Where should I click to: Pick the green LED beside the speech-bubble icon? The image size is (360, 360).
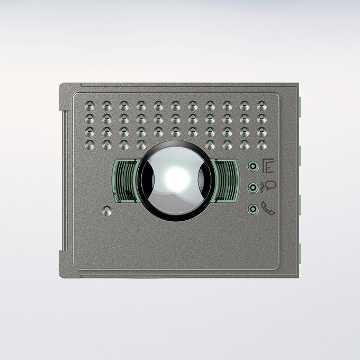tap(254, 187)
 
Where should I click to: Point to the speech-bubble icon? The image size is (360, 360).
tap(269, 186)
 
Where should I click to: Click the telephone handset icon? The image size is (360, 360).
tap(269, 209)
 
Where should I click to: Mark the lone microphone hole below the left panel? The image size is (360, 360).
tap(107, 212)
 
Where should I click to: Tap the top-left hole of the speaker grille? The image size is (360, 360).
tap(89, 105)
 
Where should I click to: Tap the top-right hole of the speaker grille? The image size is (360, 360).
tap(261, 105)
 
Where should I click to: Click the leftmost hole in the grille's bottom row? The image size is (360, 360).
tap(89, 145)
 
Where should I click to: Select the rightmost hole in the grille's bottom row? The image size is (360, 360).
tap(261, 145)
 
